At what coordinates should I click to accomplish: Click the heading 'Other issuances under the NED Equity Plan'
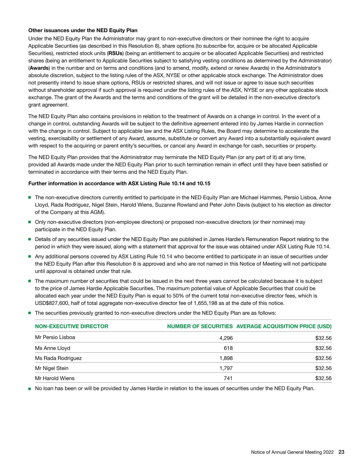83,30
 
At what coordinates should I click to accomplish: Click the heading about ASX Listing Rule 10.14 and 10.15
119,183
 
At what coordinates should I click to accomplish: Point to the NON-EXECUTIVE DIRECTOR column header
72,326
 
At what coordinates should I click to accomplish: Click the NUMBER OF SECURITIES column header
200,326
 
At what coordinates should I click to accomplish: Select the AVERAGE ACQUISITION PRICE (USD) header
284,326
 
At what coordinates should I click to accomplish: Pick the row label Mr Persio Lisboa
55,337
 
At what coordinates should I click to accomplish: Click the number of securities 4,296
226,338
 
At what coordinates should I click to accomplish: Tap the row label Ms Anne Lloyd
53,348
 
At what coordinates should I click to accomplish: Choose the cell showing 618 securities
228,348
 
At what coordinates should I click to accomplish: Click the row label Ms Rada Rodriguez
58,358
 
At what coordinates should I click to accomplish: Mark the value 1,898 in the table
226,358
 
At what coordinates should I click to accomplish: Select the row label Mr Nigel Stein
52,368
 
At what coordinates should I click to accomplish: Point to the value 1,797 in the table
226,368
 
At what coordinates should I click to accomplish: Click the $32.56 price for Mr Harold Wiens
323,378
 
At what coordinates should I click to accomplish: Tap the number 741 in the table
228,378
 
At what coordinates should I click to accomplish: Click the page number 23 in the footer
341,452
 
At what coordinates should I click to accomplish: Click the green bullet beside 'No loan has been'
30,389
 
